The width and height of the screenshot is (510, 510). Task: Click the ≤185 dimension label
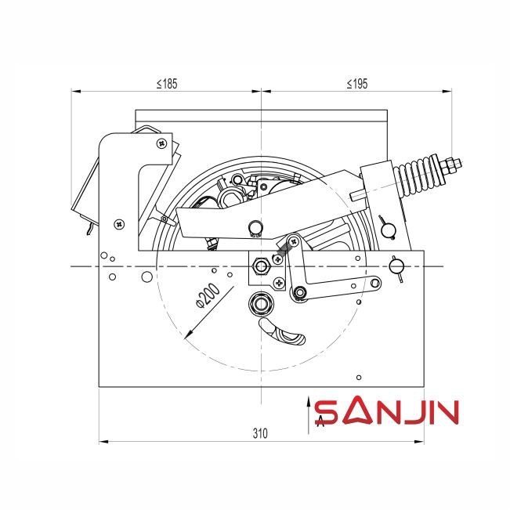pyautogui.click(x=167, y=84)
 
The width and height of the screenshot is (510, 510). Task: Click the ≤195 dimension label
pyautogui.click(x=357, y=84)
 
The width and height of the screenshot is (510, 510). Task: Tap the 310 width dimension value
pyautogui.click(x=260, y=433)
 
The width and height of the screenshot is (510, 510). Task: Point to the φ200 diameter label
pyautogui.click(x=208, y=295)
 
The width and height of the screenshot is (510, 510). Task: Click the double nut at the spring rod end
pyautogui.click(x=451, y=165)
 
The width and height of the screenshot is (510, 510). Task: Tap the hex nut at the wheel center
pyautogui.click(x=261, y=266)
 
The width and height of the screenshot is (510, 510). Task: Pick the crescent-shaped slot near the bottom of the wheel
pyautogui.click(x=282, y=331)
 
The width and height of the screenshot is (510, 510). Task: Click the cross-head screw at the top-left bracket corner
pyautogui.click(x=161, y=143)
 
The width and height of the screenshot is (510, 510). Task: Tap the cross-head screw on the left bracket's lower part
pyautogui.click(x=119, y=224)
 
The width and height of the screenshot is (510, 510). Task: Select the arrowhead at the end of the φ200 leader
pyautogui.click(x=188, y=335)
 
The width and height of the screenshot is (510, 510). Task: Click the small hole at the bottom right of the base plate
pyautogui.click(x=359, y=378)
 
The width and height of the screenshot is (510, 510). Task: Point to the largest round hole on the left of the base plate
pyautogui.click(x=147, y=277)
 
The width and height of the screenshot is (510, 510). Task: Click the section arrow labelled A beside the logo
pyautogui.click(x=309, y=414)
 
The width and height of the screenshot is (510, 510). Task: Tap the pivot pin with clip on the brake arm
pyautogui.click(x=255, y=227)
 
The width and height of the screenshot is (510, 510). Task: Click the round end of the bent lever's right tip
pyautogui.click(x=374, y=282)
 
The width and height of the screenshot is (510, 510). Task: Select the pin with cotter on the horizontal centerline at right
pyautogui.click(x=397, y=266)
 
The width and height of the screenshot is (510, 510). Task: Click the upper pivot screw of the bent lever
pyautogui.click(x=295, y=241)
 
